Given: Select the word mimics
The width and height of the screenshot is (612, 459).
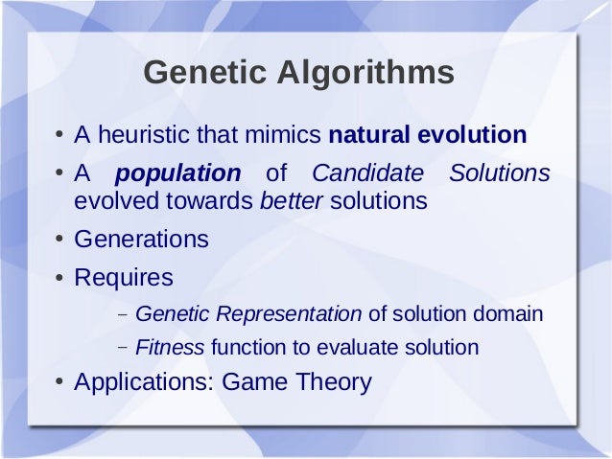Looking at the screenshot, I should tap(287, 135).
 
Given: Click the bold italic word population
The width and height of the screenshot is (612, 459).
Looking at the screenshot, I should tap(177, 174).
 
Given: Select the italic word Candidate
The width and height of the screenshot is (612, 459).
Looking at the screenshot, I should tap(367, 174).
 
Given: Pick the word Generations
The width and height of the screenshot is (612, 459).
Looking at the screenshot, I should tap(141, 240).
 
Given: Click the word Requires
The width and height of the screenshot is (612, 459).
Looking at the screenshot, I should tap(124, 278).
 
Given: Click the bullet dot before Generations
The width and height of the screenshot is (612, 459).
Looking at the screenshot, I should tap(59, 241).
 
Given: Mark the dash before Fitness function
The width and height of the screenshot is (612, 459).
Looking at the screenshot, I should tap(124, 348).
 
